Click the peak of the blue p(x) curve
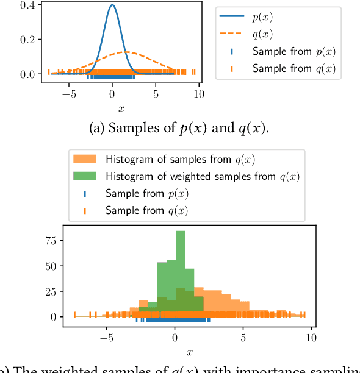[x=112, y=6]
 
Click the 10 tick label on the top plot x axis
[x=199, y=94]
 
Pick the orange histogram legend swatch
[x=85, y=160]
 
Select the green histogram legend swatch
[x=85, y=177]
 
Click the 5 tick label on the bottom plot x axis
[x=243, y=336]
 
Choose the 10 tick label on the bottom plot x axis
[x=311, y=336]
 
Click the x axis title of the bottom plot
[x=189, y=352]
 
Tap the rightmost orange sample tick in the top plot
[x=194, y=72]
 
